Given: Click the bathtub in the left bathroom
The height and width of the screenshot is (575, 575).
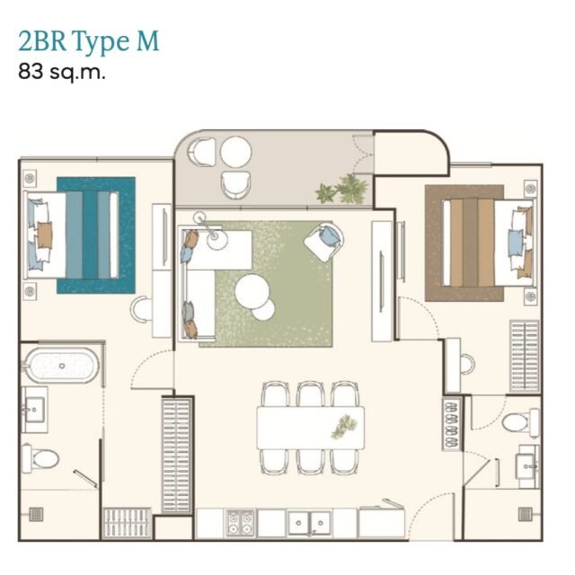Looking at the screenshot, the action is (61, 366).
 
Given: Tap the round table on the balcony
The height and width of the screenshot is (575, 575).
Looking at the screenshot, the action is (235, 152).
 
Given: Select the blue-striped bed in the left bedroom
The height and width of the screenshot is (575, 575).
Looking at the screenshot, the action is (72, 234).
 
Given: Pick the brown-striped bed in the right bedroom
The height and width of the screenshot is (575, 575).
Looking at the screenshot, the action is (489, 243).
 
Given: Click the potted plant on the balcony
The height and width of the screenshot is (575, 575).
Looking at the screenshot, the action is (342, 190).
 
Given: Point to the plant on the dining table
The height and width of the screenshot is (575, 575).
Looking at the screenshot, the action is (344, 427).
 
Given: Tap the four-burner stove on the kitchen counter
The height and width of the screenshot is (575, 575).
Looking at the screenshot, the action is (240, 523).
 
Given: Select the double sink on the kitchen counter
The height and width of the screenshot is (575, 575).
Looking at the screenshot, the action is (309, 523).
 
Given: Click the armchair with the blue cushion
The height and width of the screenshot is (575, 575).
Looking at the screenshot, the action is (323, 242).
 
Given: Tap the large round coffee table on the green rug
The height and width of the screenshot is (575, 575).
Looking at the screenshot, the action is (252, 292).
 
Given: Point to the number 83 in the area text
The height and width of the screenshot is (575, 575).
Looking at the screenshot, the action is (31, 71).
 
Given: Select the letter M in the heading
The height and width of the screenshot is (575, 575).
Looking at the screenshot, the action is (148, 40).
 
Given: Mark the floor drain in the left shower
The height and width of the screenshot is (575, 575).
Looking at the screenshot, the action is (36, 515).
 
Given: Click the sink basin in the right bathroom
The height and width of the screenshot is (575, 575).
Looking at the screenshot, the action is (526, 466).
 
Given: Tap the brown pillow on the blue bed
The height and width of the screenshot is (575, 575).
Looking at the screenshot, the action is (44, 234).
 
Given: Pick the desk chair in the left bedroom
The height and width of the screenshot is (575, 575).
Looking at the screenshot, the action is (140, 309).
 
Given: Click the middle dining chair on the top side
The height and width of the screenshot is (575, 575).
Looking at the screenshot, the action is (310, 394).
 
